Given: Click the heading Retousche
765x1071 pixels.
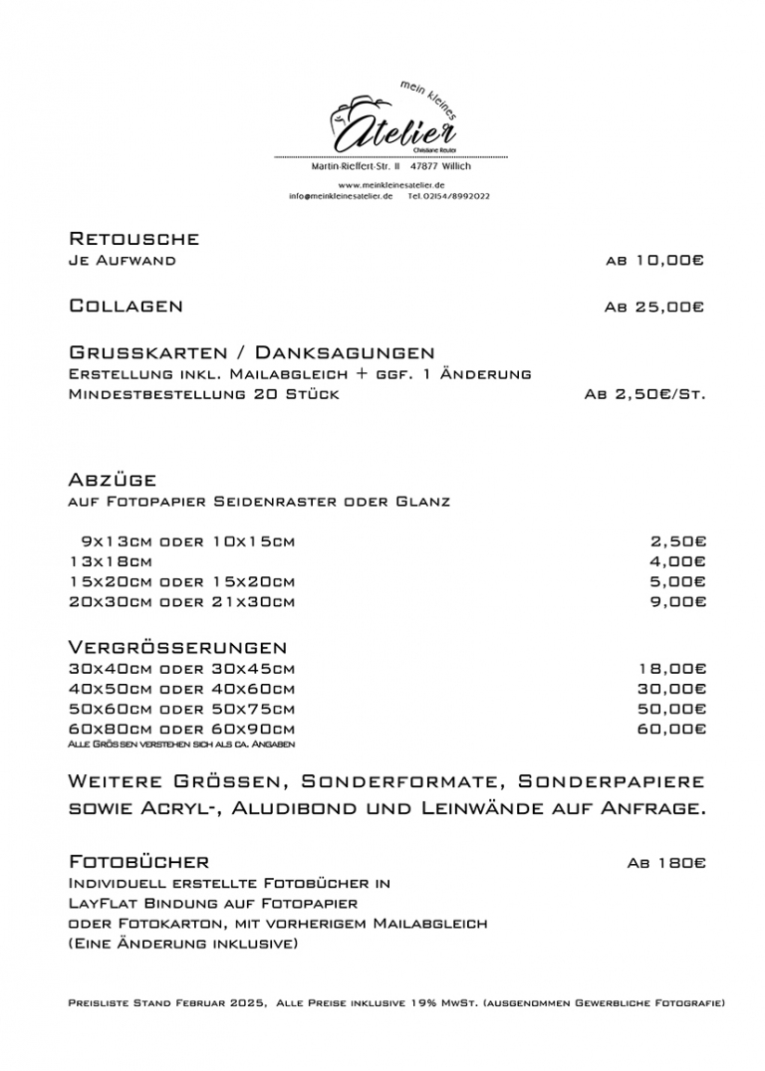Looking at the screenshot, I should (x=133, y=239).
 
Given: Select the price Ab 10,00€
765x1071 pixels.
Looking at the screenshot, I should (x=654, y=261).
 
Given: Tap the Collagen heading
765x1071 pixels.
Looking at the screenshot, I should (x=126, y=306).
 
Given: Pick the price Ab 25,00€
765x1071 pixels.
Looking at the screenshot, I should (x=654, y=308).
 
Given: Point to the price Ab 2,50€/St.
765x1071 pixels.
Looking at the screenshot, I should (x=644, y=394).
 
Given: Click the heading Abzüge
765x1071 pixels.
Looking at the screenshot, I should (x=113, y=480).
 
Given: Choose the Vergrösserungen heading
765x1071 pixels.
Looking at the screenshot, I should (x=177, y=648).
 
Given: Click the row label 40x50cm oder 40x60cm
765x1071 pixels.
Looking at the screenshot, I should (x=181, y=689).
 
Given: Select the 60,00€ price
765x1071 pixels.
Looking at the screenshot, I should (x=671, y=729).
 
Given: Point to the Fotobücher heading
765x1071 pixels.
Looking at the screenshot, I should (x=138, y=861).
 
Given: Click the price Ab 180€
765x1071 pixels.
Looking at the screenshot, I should (x=665, y=863).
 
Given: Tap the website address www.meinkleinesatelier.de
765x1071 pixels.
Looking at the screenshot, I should (x=390, y=185).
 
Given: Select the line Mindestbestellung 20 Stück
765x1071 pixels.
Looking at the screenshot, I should (x=203, y=394).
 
